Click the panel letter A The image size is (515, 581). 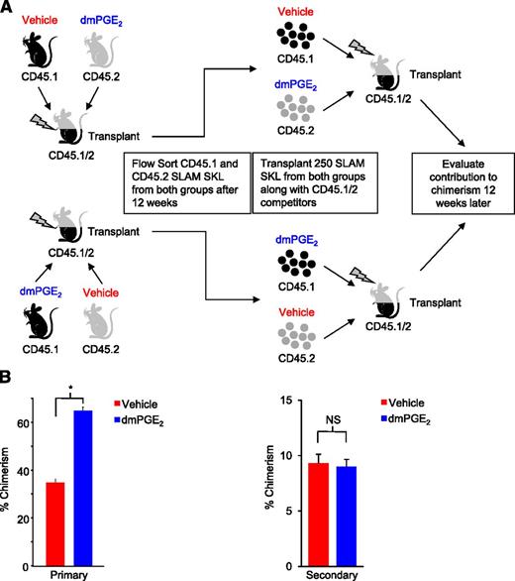tap(8, 9)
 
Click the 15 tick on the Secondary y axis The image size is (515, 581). tap(314, 400)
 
